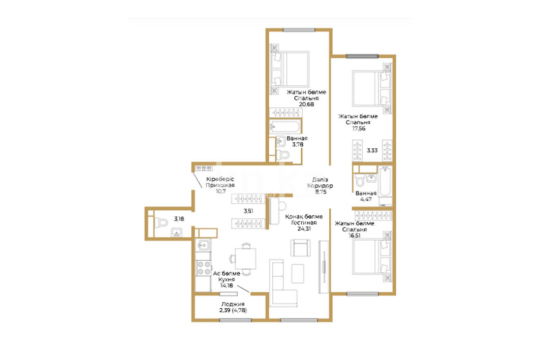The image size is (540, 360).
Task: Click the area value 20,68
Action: point(306,104)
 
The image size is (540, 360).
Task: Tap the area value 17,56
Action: point(359,128)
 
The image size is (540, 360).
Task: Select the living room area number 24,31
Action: point(304,228)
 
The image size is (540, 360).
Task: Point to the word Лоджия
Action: point(233,304)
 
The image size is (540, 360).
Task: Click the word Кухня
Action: point(226,279)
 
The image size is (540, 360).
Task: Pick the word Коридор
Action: point(320,186)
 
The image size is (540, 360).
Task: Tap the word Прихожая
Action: point(220,185)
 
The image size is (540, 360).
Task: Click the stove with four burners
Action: point(203,268)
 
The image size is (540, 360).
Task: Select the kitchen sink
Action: point(203,245)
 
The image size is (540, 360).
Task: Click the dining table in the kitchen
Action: point(245,259)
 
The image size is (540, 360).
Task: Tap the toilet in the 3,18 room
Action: point(161,223)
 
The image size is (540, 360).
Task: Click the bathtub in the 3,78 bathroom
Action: point(285,127)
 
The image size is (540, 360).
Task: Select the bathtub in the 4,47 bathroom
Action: point(385,186)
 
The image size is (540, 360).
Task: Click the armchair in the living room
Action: point(300,248)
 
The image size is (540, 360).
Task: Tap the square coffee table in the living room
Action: point(298,274)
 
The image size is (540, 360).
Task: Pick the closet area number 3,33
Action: point(372,150)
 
